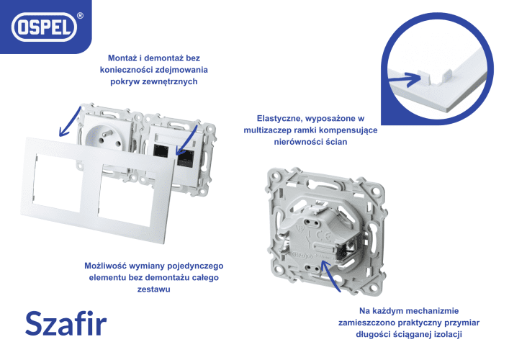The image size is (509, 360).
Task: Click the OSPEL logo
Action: coord(44,27)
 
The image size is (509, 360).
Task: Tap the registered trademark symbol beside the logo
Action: coord(80,16)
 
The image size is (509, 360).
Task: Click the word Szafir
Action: coord(66,323)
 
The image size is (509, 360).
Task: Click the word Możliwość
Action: coord(106,266)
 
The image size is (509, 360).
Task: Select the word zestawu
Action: coord(154,289)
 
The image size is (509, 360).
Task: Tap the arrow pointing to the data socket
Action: coord(186,140)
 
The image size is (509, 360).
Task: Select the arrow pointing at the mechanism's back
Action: coord(328,276)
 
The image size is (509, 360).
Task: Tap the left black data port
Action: coord(161,151)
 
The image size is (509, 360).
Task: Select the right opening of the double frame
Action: coord(127,196)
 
